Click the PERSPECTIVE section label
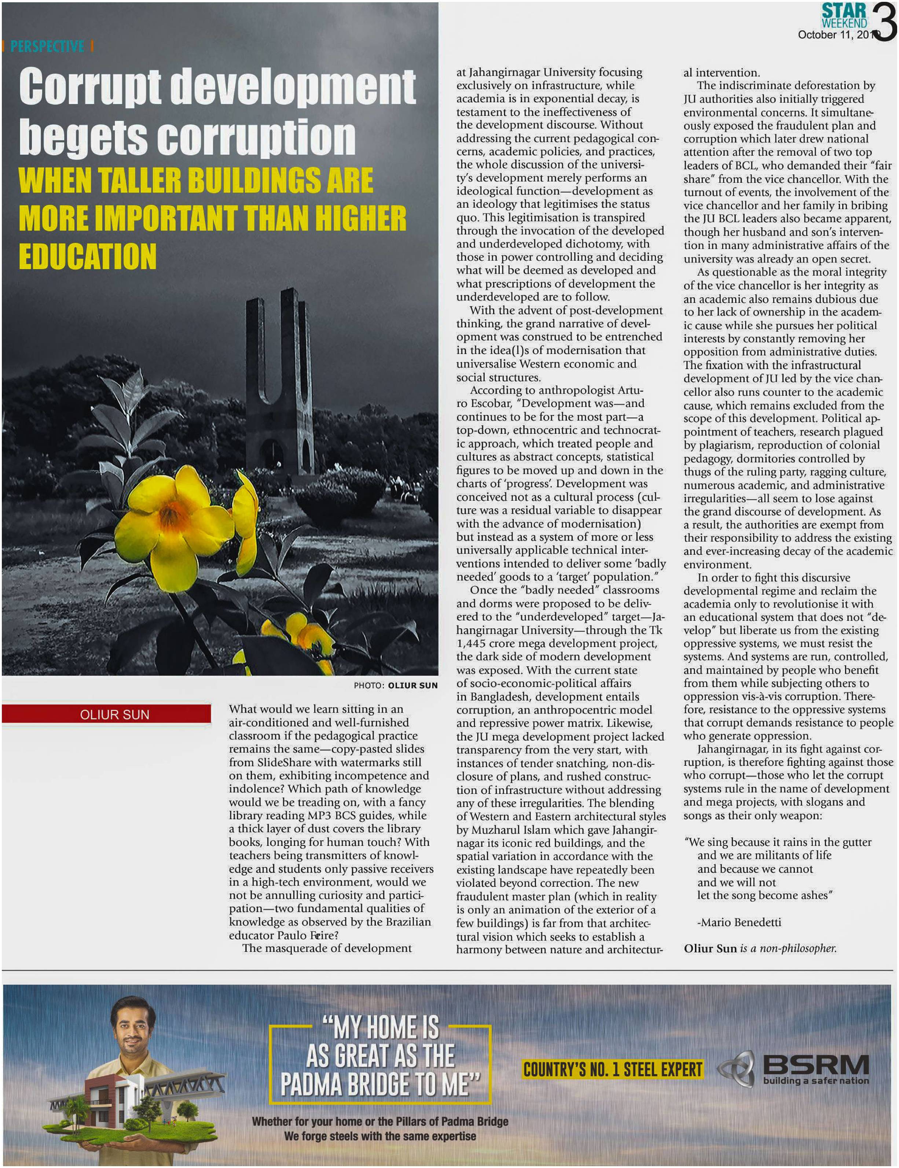tap(47, 47)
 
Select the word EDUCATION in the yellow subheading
tap(88, 257)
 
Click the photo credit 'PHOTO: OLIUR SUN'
tap(396, 685)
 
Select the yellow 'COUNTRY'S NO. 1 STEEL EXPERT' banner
tap(612, 1069)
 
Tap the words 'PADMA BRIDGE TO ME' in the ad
tap(380, 1085)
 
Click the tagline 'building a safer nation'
tap(816, 1081)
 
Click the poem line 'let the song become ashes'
tap(764, 896)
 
